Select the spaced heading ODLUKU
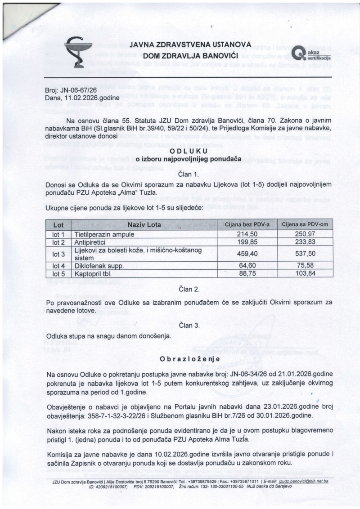(x=189, y=152)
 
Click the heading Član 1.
(x=189, y=174)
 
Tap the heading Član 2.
(x=189, y=289)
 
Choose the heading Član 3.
(x=189, y=324)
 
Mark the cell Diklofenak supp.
(x=98, y=266)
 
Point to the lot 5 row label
(x=59, y=273)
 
